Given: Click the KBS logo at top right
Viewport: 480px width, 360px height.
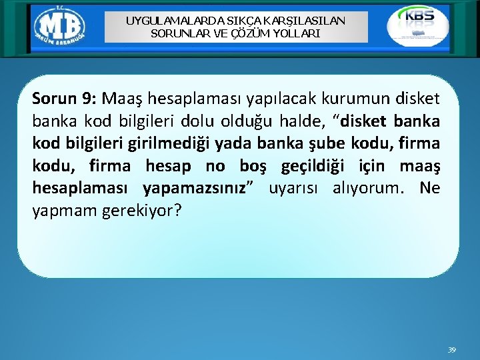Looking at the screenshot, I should tap(418, 25).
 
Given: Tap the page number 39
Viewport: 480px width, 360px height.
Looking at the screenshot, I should tap(451, 350).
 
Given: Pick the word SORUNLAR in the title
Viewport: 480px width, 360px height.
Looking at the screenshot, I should tap(175, 33).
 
